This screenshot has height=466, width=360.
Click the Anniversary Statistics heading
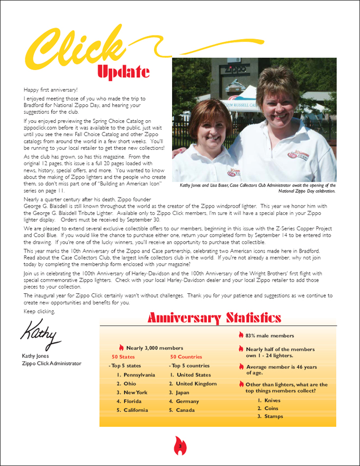point(214,318)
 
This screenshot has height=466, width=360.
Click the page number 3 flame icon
point(180,447)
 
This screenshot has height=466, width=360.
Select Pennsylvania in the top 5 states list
point(136,374)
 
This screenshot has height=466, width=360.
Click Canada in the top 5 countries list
point(185,410)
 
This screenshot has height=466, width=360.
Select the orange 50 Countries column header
point(186,357)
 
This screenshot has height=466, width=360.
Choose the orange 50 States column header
point(123,357)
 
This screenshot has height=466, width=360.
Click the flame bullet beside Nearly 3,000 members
point(121,348)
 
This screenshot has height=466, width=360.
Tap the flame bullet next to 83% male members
point(241,335)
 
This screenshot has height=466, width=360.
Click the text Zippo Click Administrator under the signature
point(52,363)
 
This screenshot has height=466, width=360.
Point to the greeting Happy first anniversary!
point(50,90)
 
